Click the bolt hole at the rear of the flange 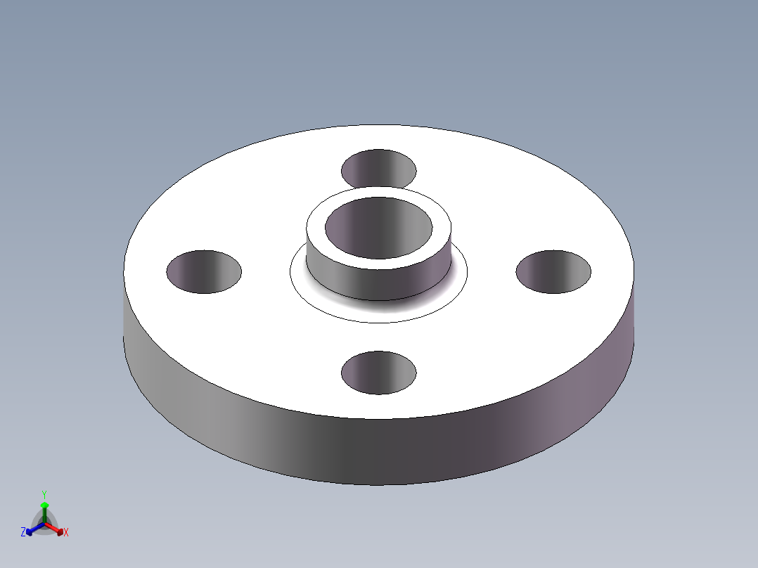378,169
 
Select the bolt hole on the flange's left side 204,271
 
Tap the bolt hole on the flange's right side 553,271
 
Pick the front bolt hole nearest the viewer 378,373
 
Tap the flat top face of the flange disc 492,337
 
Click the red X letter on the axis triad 66,533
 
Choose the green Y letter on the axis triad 44,494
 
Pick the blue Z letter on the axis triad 23,533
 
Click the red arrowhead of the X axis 59,531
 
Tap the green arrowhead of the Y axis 44,505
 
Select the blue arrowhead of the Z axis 30,531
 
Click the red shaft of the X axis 52,527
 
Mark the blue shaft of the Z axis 37,527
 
